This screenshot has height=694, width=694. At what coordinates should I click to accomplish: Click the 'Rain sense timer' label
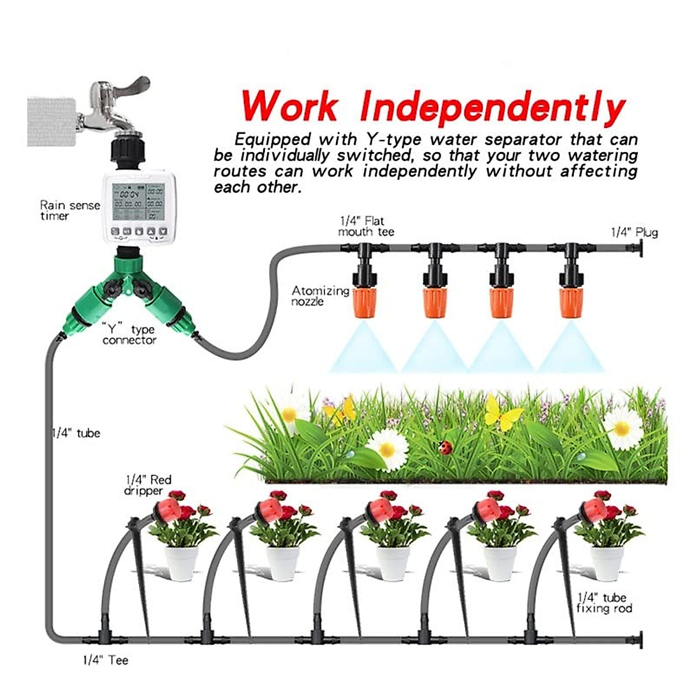(69, 211)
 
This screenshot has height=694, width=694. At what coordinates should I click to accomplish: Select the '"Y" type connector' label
(129, 335)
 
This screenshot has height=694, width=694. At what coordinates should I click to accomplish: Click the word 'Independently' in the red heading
(492, 108)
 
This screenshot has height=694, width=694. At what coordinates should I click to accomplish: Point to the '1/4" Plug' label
(634, 232)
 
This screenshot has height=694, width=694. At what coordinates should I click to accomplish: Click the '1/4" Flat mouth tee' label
(366, 226)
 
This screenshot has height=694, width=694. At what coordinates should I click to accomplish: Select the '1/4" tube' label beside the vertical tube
(76, 433)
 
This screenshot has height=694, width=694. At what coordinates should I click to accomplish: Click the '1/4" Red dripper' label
(148, 485)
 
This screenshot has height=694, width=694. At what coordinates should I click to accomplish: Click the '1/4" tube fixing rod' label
(604, 603)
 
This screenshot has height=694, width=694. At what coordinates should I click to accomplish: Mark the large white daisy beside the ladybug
(387, 448)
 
